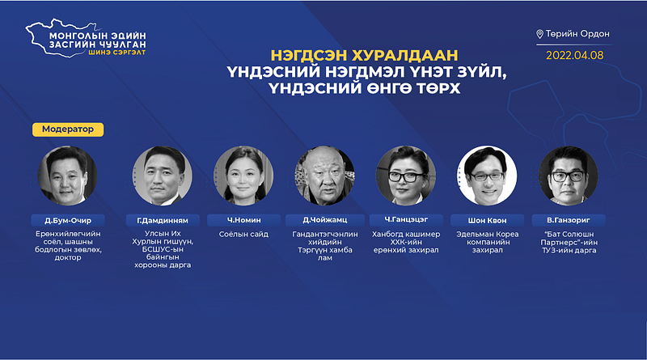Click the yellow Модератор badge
tap(68, 129)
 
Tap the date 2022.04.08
tap(575, 55)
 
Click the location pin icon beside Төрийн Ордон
tap(539, 34)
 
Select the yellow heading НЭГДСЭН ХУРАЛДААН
tap(365, 55)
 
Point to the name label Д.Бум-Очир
tap(68, 220)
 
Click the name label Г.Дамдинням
tap(163, 220)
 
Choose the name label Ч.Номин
tap(244, 220)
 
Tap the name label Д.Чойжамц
tap(325, 220)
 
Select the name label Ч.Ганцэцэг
tap(406, 220)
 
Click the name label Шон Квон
tap(488, 220)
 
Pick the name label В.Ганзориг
tap(569, 220)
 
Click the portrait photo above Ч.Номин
tap(244, 176)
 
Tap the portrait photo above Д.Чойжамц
tap(325, 176)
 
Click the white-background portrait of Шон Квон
tap(488, 176)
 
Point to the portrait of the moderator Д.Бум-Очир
tap(68, 176)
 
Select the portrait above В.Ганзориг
tap(569, 176)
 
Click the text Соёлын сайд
tap(244, 234)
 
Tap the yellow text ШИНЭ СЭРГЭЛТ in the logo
tap(116, 53)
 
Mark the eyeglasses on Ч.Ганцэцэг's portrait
tap(406, 176)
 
